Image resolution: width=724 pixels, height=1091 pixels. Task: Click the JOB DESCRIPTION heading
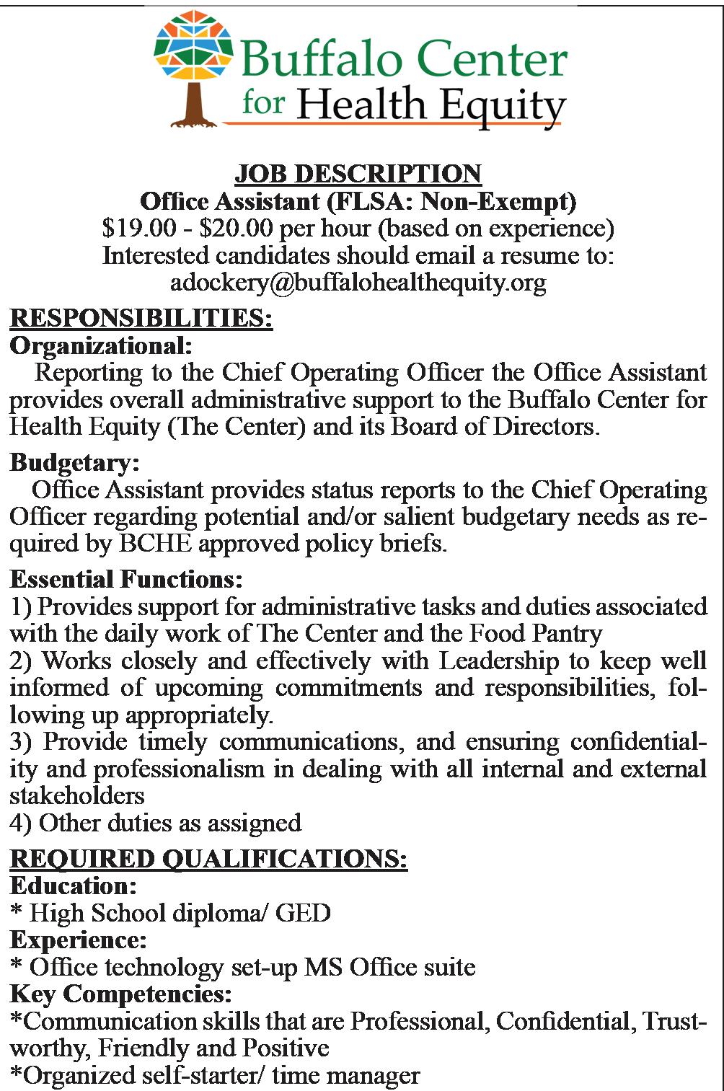tap(358, 174)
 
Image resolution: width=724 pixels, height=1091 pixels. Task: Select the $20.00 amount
tap(235, 229)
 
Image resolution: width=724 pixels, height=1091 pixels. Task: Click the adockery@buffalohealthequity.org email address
tap(358, 283)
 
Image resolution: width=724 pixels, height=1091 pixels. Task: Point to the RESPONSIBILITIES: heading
tap(141, 318)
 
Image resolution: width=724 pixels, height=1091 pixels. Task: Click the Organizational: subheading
tap(100, 346)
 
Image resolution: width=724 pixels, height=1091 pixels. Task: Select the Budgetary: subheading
tap(74, 462)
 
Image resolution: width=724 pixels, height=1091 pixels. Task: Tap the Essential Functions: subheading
tap(125, 579)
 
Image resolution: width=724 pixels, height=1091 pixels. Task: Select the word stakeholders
tap(77, 795)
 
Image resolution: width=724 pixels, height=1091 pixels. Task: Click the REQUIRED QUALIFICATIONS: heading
tap(208, 859)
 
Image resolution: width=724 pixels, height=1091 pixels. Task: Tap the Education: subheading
tap(73, 885)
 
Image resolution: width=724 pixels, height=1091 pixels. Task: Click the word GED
tap(303, 913)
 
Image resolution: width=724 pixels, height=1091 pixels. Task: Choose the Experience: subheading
tap(78, 940)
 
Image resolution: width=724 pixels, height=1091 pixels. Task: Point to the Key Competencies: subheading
tap(120, 994)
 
